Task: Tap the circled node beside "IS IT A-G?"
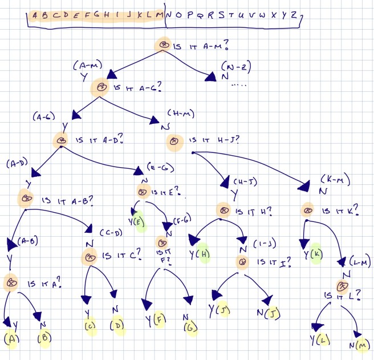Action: (100, 87)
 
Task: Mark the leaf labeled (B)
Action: (45, 338)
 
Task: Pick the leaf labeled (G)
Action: (190, 329)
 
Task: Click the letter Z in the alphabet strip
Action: (294, 15)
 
